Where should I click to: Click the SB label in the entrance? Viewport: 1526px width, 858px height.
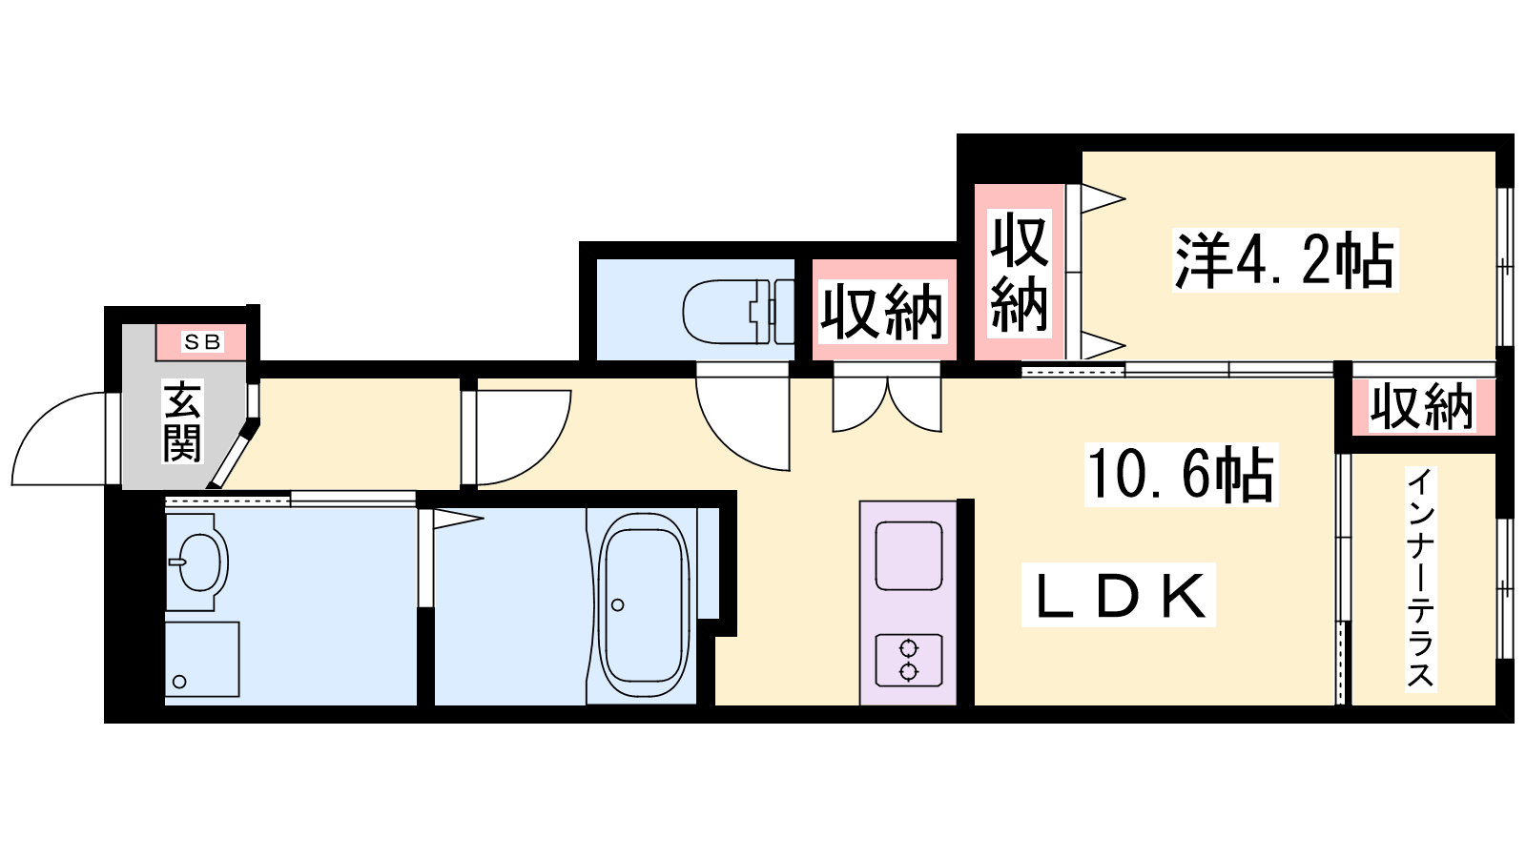(202, 341)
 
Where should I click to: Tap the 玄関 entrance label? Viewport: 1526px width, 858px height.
(182, 421)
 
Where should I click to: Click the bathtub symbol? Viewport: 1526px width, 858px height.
(644, 605)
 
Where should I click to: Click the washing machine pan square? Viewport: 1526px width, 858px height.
(201, 659)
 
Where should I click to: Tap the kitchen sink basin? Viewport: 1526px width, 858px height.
(909, 555)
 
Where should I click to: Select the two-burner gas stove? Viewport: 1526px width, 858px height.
(909, 660)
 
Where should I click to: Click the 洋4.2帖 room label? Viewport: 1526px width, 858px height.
(1284, 260)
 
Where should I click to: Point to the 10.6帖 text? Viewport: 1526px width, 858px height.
(1181, 474)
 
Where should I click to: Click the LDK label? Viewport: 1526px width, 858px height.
(1119, 596)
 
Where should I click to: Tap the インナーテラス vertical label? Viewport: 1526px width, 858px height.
(1420, 578)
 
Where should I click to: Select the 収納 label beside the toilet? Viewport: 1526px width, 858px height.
(882, 312)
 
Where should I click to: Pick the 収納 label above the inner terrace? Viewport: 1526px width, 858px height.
(1421, 407)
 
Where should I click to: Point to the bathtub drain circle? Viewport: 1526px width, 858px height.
(618, 605)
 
